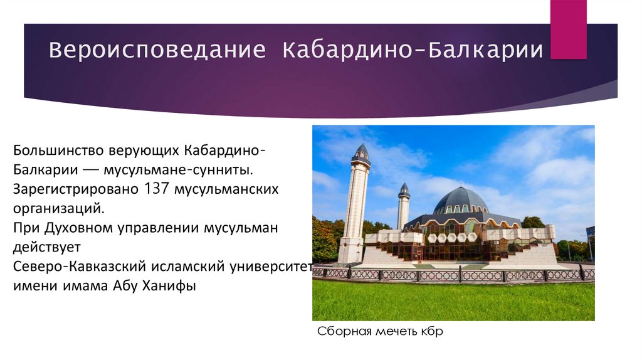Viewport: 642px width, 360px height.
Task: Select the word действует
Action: point(43,246)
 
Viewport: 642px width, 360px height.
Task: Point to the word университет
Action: point(273,265)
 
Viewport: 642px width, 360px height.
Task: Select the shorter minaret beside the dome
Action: point(403,207)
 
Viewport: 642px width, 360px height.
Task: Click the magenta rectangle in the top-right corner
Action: point(568,29)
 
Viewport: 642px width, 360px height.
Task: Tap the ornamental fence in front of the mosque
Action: point(451,274)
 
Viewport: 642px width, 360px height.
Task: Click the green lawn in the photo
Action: point(451,301)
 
